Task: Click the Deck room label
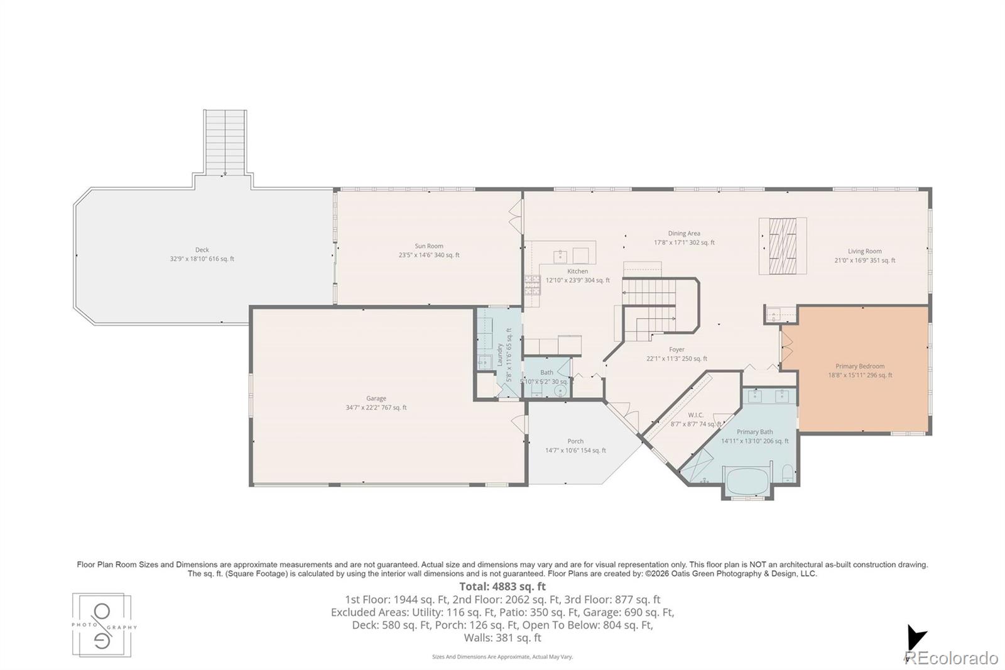point(202,250)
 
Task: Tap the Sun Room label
point(429,246)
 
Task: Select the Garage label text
point(376,398)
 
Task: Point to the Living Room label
point(864,251)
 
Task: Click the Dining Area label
point(684,234)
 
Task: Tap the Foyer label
point(676,349)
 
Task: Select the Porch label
point(575,441)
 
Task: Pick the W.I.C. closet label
point(695,415)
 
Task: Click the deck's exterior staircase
point(224,143)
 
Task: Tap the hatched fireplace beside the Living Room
point(783,246)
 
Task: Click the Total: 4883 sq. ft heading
point(503,586)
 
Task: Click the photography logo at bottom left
point(102,626)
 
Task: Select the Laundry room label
point(500,354)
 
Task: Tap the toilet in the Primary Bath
point(788,473)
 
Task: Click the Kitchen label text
point(578,272)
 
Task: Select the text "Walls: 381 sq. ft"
point(503,637)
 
